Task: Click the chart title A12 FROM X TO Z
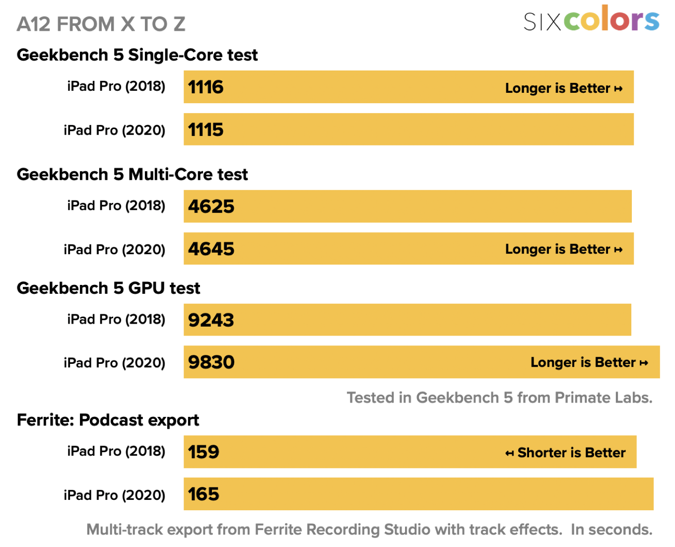pyautogui.click(x=101, y=24)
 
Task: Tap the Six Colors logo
pyautogui.click(x=591, y=20)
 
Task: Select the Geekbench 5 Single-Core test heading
pyautogui.click(x=137, y=55)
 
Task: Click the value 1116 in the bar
pyautogui.click(x=205, y=87)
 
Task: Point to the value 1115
pyautogui.click(x=205, y=130)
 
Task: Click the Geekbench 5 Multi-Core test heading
pyautogui.click(x=132, y=174)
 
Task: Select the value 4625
pyautogui.click(x=211, y=206)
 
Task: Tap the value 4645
pyautogui.click(x=211, y=249)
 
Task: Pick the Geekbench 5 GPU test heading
pyautogui.click(x=108, y=288)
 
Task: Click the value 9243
pyautogui.click(x=211, y=320)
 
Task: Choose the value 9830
pyautogui.click(x=211, y=362)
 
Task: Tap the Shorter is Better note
pyautogui.click(x=565, y=453)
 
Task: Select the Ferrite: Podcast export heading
pyautogui.click(x=108, y=420)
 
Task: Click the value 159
pyautogui.click(x=203, y=452)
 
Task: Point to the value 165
pyautogui.click(x=203, y=494)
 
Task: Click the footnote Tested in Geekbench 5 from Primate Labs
pyautogui.click(x=499, y=398)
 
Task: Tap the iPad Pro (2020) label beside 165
pyautogui.click(x=114, y=495)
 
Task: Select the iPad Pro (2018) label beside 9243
pyautogui.click(x=116, y=319)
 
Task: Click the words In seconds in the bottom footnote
pyautogui.click(x=611, y=530)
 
